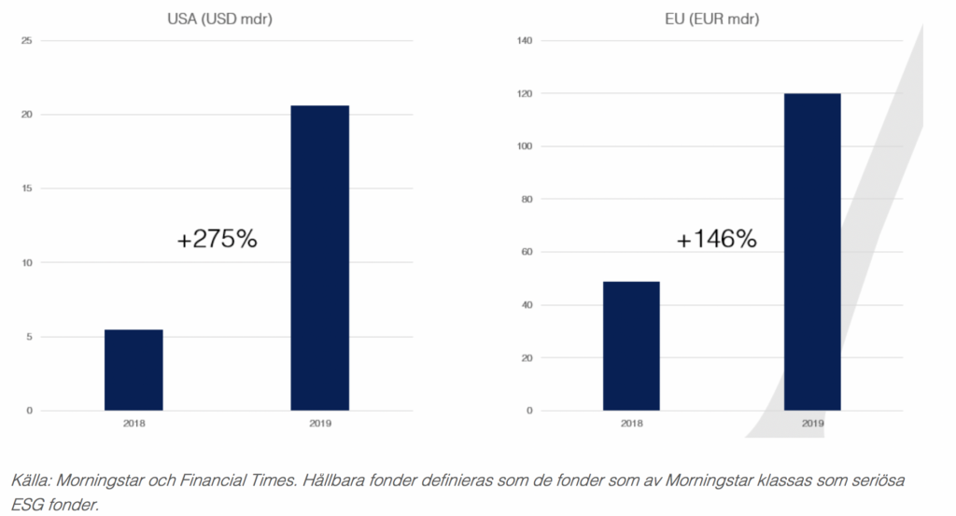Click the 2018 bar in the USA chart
point(134,370)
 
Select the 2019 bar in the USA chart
point(319,258)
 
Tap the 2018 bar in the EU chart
point(631,346)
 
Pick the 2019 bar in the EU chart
point(812,252)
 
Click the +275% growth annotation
point(217,239)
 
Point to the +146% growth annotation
point(716,239)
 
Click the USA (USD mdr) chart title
point(219,19)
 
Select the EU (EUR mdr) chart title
point(711,19)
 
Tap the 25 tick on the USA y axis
point(26,41)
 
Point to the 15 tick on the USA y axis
point(26,188)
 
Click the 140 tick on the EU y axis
point(525,41)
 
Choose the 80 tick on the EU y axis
point(527,199)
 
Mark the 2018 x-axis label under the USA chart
point(134,424)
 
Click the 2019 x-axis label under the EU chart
point(812,424)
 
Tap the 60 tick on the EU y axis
point(527,252)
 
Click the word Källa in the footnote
point(31,481)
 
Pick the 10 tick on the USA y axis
point(26,262)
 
